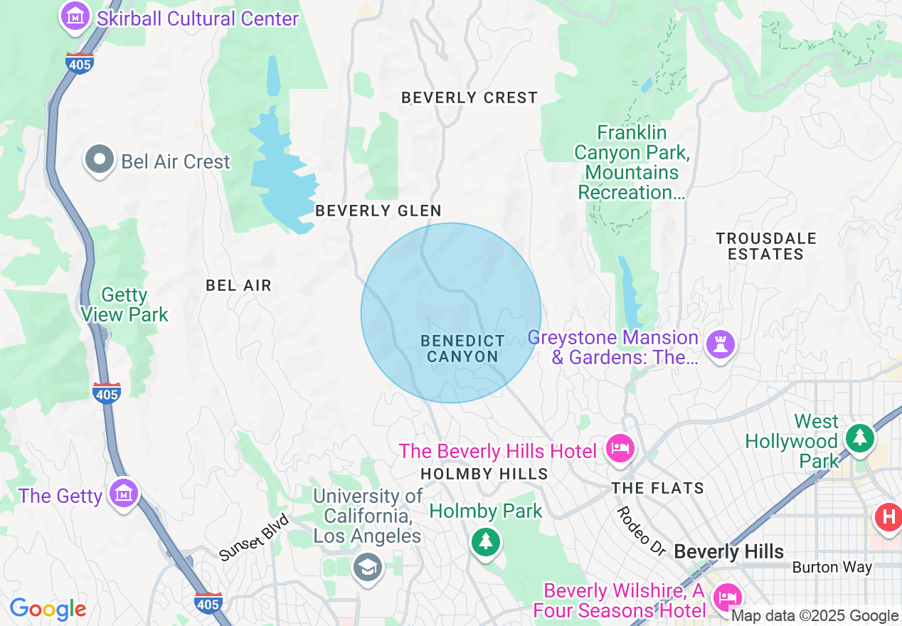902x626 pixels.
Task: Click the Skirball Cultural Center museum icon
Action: point(74,16)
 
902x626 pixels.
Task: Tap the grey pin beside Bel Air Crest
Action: point(100,160)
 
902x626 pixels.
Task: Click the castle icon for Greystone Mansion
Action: point(720,346)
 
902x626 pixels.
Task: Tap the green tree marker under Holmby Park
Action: point(486,543)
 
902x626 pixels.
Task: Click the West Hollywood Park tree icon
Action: point(860,437)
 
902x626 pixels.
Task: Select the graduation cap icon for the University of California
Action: point(368,567)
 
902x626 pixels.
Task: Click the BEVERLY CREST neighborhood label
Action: point(469,97)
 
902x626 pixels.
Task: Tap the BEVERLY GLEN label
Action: point(378,211)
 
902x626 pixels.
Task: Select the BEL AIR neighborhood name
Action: point(238,285)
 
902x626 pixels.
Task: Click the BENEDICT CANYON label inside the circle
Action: point(462,349)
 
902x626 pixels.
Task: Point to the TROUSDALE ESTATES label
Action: point(766,246)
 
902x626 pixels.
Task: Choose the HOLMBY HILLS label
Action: point(484,474)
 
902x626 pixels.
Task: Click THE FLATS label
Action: point(658,488)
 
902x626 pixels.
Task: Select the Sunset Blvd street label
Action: point(254,538)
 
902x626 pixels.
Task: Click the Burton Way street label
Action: point(832,568)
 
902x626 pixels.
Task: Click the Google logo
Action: point(48,609)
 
